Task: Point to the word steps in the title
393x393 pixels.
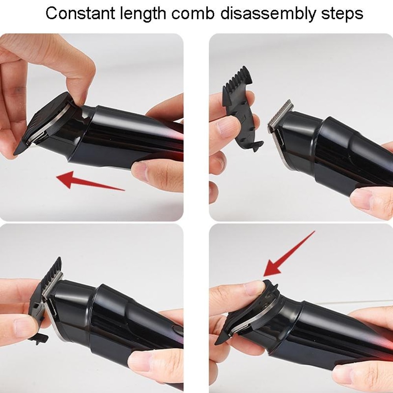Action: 340,14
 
